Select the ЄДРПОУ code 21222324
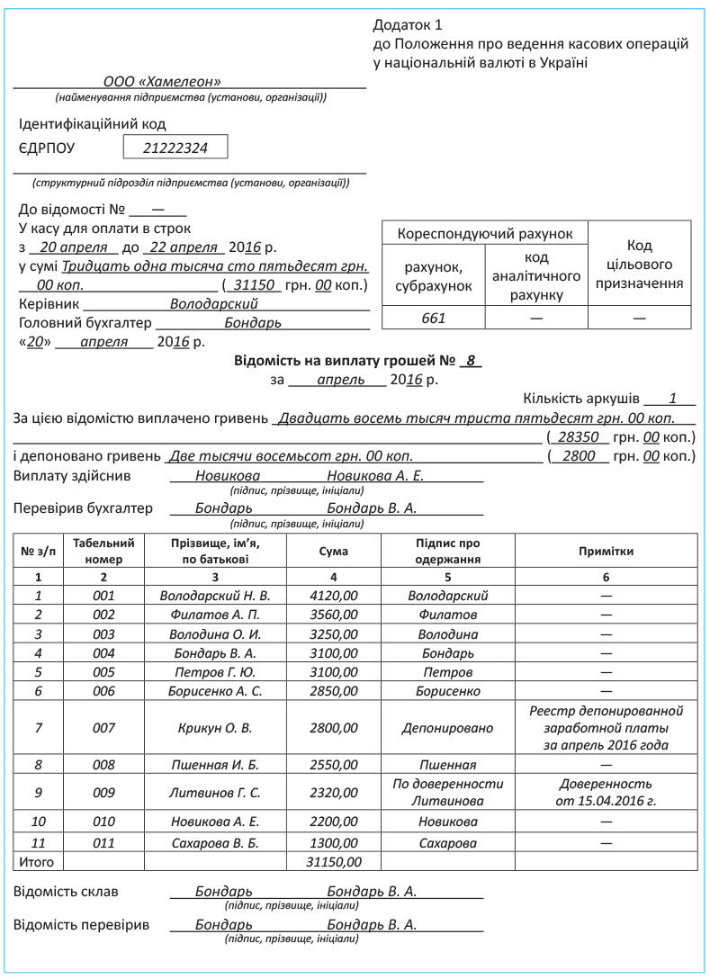pyautogui.click(x=175, y=148)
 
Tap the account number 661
pyautogui.click(x=434, y=317)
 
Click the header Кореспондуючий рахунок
pyautogui.click(x=485, y=234)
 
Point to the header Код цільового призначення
pyautogui.click(x=640, y=265)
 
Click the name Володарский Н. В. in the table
pyautogui.click(x=214, y=595)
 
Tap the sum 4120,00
pyautogui.click(x=334, y=595)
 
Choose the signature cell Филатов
pyautogui.click(x=447, y=614)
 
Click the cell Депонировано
pyautogui.click(x=447, y=727)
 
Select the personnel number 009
pyautogui.click(x=104, y=793)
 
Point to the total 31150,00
pyautogui.click(x=334, y=862)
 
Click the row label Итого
pyautogui.click(x=36, y=862)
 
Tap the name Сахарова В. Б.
pyautogui.click(x=214, y=843)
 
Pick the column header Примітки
pyautogui.click(x=606, y=551)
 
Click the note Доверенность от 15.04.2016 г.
pyautogui.click(x=606, y=792)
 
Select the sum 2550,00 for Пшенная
pyautogui.click(x=334, y=765)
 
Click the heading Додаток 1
pyautogui.click(x=408, y=24)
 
